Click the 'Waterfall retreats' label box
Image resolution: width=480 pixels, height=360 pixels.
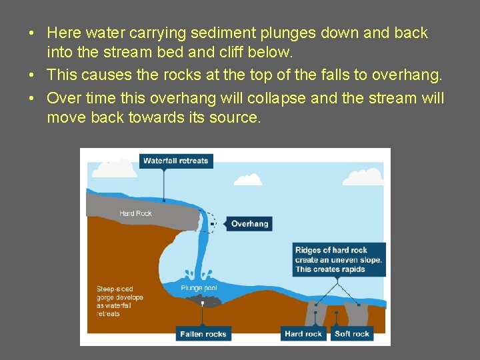pos(176,161)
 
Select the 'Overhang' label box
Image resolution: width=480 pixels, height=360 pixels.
pos(249,224)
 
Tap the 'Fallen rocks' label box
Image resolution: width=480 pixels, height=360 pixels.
pos(203,333)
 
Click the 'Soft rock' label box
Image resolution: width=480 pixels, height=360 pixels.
pos(352,333)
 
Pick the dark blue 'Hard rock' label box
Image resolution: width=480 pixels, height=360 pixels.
pos(304,333)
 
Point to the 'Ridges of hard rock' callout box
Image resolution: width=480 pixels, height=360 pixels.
pos(339,259)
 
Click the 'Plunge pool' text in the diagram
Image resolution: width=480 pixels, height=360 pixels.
pos(198,288)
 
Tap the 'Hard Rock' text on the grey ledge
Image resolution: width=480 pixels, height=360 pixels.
pos(135,213)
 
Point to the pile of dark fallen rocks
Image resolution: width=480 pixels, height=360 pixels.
pos(207,302)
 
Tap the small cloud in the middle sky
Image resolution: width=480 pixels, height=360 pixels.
pos(248,179)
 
